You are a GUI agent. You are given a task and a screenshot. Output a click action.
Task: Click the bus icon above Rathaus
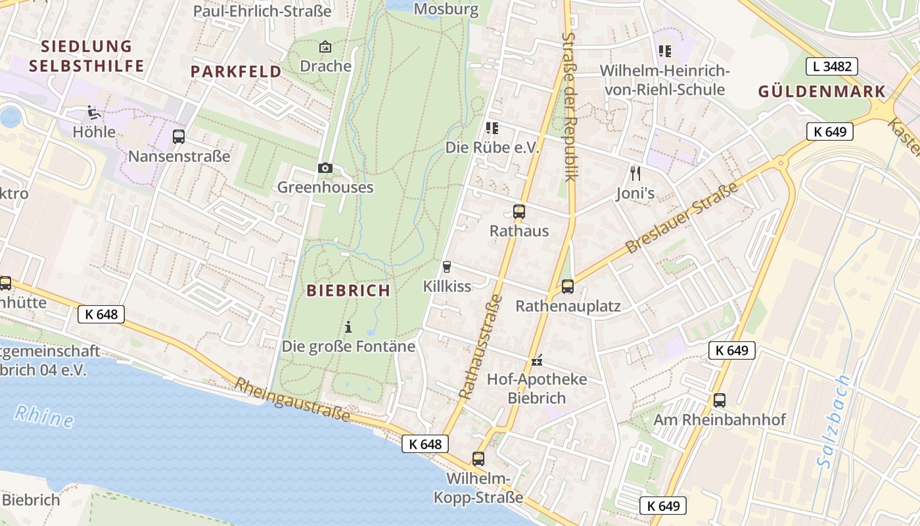tap(518, 212)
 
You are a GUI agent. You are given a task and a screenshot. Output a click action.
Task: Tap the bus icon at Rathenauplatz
tap(567, 287)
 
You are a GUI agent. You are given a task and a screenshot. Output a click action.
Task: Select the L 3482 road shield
tap(831, 66)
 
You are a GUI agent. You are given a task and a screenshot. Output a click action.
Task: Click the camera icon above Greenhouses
tap(325, 168)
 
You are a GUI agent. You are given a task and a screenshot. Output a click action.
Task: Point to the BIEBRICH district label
tap(348, 290)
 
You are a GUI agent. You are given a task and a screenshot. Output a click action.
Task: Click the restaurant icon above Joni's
tap(635, 174)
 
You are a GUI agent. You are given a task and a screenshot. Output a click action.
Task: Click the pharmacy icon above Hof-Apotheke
tap(537, 360)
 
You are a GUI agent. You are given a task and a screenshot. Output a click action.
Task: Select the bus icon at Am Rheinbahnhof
tap(719, 400)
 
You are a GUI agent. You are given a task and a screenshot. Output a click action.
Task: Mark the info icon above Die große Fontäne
tap(348, 327)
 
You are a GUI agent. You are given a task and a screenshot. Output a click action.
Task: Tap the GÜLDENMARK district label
tap(821, 91)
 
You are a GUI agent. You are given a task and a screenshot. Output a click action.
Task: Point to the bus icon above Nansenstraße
tap(178, 137)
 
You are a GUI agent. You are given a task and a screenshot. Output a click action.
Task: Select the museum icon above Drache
tap(325, 47)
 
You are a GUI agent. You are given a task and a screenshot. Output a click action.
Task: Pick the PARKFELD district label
tap(236, 72)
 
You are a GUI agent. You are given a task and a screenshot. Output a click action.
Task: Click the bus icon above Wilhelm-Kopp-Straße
tap(478, 459)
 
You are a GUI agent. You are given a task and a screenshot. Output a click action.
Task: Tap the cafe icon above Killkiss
tap(447, 266)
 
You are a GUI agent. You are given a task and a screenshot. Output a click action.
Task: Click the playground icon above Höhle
tap(94, 113)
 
